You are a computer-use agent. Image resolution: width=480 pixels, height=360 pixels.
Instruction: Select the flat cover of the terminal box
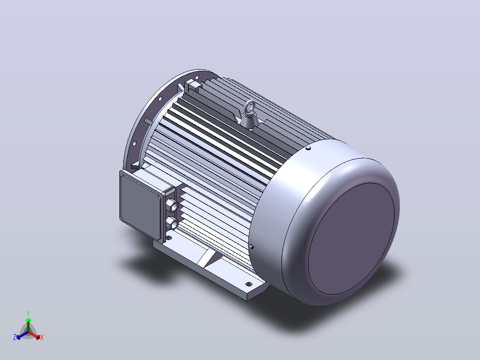pyautogui.click(x=140, y=205)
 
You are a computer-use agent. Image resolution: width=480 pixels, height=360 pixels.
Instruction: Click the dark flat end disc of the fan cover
pyautogui.click(x=351, y=238)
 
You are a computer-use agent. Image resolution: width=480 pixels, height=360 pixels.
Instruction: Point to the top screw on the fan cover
pyautogui.click(x=308, y=148)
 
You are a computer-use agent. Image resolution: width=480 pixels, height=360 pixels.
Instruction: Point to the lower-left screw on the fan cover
pyautogui.click(x=252, y=246)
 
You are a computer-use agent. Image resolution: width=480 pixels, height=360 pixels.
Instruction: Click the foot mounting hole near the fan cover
pyautogui.click(x=249, y=284)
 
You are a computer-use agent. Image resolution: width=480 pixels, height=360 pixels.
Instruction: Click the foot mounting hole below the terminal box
pyautogui.click(x=169, y=237)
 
